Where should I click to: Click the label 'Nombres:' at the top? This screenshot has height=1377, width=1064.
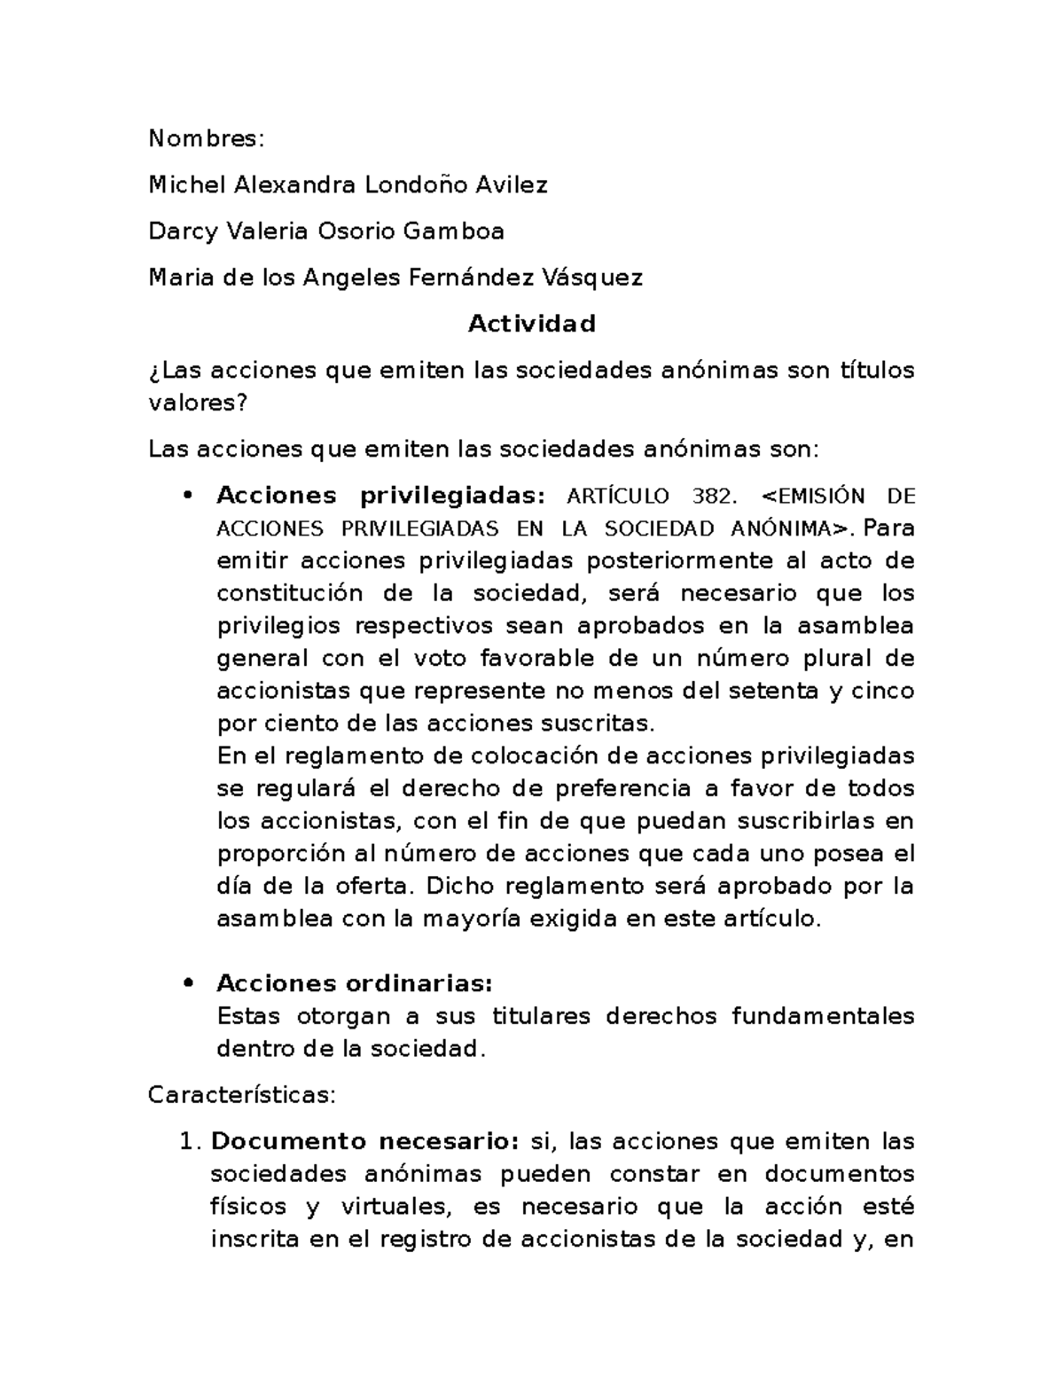point(206,138)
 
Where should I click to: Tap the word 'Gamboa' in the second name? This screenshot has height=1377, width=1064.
point(453,231)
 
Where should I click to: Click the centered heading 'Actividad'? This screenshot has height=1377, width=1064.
point(532,324)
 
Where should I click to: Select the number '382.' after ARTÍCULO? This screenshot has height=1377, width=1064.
point(716,496)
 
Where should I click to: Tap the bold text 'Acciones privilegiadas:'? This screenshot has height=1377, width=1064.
point(383,496)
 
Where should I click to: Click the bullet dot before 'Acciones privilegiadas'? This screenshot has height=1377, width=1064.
point(186,496)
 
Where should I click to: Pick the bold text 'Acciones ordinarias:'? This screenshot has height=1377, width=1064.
point(355,983)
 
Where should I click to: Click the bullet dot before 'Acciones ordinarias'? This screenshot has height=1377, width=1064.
point(186,983)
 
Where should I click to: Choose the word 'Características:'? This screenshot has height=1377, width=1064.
point(242,1095)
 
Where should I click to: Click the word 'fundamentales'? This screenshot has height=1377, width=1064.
point(823,1016)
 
